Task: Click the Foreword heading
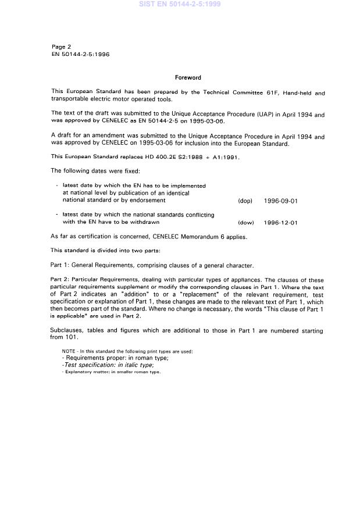click(x=188, y=77)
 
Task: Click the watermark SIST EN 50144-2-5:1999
click(x=179, y=5)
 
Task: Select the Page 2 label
click(x=62, y=47)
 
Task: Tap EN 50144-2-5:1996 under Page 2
click(x=80, y=54)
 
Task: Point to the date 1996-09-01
click(x=280, y=201)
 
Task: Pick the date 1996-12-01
click(x=280, y=222)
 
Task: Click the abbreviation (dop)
click(x=245, y=201)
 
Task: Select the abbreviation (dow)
click(x=245, y=222)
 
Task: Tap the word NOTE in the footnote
click(x=69, y=351)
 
